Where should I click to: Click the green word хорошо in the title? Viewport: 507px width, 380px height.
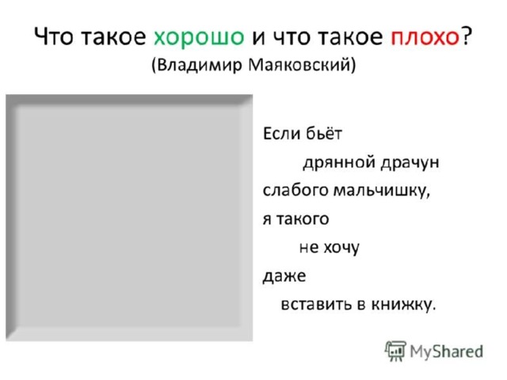tap(199, 37)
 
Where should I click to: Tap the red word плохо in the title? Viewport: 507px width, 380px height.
tap(425, 37)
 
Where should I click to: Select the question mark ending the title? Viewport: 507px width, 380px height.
tap(467, 35)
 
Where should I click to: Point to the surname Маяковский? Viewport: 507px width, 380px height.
tap(299, 65)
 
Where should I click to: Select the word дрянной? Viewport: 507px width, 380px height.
tap(338, 163)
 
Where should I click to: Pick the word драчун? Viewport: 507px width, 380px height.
tap(410, 163)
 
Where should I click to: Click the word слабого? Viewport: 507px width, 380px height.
tap(295, 190)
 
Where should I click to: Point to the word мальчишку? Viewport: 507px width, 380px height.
tap(382, 191)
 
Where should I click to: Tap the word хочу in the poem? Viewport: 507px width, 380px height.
tap(341, 248)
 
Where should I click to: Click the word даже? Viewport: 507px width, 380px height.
tap(284, 277)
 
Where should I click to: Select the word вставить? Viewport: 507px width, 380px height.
tap(316, 304)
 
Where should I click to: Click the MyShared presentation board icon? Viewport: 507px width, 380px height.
tap(395, 351)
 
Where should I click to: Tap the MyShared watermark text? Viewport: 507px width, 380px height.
tap(446, 351)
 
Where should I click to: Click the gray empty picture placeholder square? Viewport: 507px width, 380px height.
tap(129, 218)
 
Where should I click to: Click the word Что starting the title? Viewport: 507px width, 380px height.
tap(54, 36)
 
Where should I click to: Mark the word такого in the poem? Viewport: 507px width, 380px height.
tap(303, 219)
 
